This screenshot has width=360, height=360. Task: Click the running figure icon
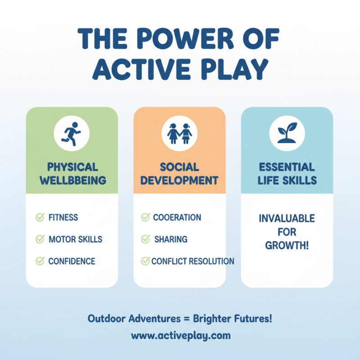(x=72, y=132)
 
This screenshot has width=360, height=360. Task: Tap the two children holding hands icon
(x=180, y=132)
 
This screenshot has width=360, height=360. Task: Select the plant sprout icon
(x=287, y=132)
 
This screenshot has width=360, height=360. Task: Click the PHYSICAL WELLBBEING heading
(x=72, y=174)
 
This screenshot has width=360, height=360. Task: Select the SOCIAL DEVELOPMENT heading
(x=180, y=174)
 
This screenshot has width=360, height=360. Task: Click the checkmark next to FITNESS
(x=40, y=218)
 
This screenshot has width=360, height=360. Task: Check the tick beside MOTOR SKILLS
(x=40, y=239)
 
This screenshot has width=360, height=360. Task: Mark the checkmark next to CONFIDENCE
(x=40, y=261)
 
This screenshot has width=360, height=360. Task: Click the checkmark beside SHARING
(x=145, y=239)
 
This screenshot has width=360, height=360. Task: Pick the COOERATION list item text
(x=177, y=218)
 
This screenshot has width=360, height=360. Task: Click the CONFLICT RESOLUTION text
(x=193, y=261)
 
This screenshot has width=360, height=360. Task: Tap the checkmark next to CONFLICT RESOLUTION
(x=145, y=261)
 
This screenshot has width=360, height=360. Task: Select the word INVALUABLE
(x=287, y=219)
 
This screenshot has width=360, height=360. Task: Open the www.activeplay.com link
(x=180, y=336)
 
